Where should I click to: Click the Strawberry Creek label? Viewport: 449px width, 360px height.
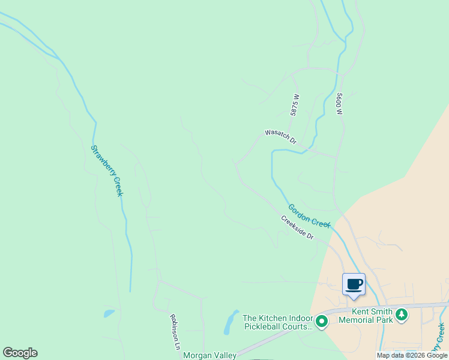[107, 170]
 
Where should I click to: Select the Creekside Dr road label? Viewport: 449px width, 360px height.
[297, 227]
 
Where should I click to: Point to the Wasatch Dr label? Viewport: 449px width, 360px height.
[281, 136]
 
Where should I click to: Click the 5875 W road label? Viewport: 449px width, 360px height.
[295, 104]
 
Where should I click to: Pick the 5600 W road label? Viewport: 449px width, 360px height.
[339, 104]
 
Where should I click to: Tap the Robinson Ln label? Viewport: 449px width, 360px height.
[175, 332]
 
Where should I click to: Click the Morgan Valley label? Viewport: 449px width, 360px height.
[209, 355]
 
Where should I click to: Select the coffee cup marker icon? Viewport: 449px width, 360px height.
[354, 284]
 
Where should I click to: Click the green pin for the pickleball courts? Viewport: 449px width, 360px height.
[322, 322]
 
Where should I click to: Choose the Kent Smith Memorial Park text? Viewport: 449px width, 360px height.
[366, 316]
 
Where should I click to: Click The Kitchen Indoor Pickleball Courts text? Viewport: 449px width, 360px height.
[277, 322]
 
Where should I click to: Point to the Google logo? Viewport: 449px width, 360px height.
[20, 353]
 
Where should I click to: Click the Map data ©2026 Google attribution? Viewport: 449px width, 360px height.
[412, 355]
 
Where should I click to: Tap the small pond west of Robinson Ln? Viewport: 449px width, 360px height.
[109, 313]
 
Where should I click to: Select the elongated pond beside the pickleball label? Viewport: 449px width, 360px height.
[229, 322]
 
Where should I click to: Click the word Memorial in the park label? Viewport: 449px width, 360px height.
[366, 320]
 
